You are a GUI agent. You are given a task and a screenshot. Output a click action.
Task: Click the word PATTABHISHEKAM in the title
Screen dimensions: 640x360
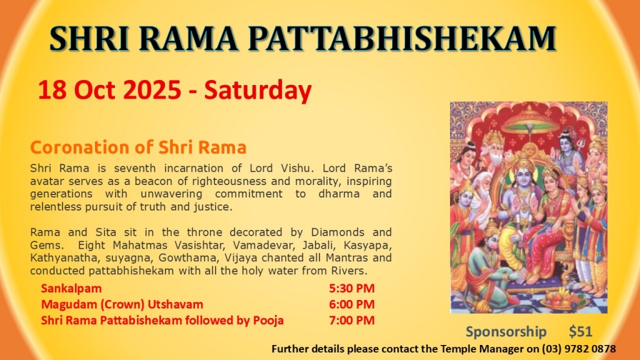click(x=402, y=39)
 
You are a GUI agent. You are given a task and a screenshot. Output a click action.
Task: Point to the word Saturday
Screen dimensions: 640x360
click(x=258, y=91)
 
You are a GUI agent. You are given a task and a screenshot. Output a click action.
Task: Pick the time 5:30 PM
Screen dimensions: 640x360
click(x=352, y=288)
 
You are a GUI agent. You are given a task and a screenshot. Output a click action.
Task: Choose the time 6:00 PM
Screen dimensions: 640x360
click(x=352, y=304)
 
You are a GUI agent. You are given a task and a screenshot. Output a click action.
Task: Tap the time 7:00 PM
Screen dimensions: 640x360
click(x=352, y=320)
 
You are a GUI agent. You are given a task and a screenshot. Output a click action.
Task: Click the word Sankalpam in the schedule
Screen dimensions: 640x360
click(x=71, y=289)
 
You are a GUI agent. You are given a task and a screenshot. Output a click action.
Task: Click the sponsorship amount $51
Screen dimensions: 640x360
click(x=581, y=331)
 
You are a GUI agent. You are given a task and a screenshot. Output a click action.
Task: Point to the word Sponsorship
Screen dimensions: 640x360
click(x=506, y=332)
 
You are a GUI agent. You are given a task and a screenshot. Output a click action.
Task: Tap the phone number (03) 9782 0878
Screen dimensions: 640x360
click(x=579, y=349)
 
